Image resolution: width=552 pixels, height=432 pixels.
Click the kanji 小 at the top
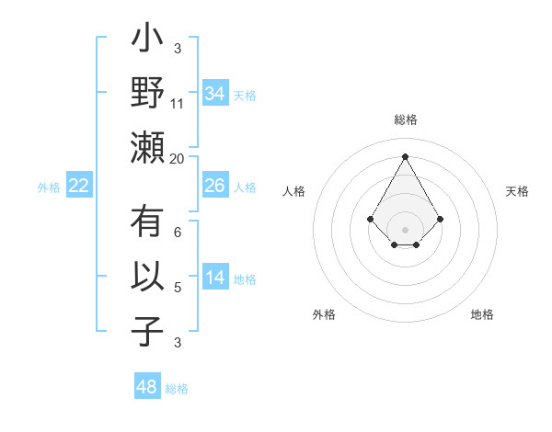coord(147,41)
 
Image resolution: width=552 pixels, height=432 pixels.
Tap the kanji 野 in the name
coord(147,94)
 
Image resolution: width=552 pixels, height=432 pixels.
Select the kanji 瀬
coord(147,147)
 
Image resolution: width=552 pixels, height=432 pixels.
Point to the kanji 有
coord(147,223)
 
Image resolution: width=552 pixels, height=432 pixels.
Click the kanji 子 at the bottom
coord(147,330)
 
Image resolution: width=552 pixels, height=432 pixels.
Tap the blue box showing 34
coord(214,94)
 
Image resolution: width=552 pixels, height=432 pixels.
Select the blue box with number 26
coord(214,186)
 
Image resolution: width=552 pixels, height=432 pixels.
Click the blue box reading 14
coord(214,279)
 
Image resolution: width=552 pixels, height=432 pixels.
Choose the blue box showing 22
coord(78,186)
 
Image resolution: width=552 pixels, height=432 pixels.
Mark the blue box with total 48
coord(147,387)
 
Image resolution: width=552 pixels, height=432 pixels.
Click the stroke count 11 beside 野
coord(178,103)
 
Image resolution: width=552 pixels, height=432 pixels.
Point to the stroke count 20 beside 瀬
coord(178,159)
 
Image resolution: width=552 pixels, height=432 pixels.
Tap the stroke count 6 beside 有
coord(178,233)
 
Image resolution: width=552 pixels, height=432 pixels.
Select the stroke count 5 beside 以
coord(178,288)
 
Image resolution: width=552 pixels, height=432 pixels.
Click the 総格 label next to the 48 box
coord(177,389)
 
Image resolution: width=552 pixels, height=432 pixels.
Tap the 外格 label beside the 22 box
coord(49,188)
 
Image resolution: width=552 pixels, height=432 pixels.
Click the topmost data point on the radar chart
coord(405,156)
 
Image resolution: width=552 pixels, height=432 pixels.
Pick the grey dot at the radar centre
coord(405,229)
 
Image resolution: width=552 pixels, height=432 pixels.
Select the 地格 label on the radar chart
coord(482,315)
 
